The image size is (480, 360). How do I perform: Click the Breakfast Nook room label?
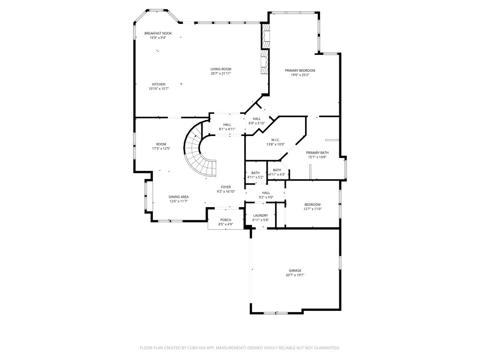pos(158,33)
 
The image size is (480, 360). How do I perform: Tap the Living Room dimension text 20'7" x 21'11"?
pos(220,74)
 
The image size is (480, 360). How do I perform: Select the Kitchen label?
pos(158,84)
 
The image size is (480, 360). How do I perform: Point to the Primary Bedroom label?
pos(300,70)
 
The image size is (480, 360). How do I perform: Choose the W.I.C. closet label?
pos(275,140)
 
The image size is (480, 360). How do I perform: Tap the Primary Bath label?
pos(317,153)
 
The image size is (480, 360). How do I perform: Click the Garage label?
pos(295,270)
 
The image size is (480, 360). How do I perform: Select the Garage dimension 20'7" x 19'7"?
pos(295,275)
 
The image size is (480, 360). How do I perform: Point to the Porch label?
pos(225,220)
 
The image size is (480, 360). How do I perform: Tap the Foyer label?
pos(225,187)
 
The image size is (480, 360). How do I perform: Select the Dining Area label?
pos(179,197)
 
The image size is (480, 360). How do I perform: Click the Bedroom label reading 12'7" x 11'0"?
pos(312,204)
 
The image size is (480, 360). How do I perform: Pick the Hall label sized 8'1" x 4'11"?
pos(227,125)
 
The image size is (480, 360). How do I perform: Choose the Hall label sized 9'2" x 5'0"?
pos(266,193)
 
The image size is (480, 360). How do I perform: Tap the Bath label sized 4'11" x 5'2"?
pos(255,173)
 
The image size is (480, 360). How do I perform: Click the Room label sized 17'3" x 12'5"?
pos(161,144)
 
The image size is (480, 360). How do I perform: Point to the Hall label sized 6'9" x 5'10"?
pos(256,119)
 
